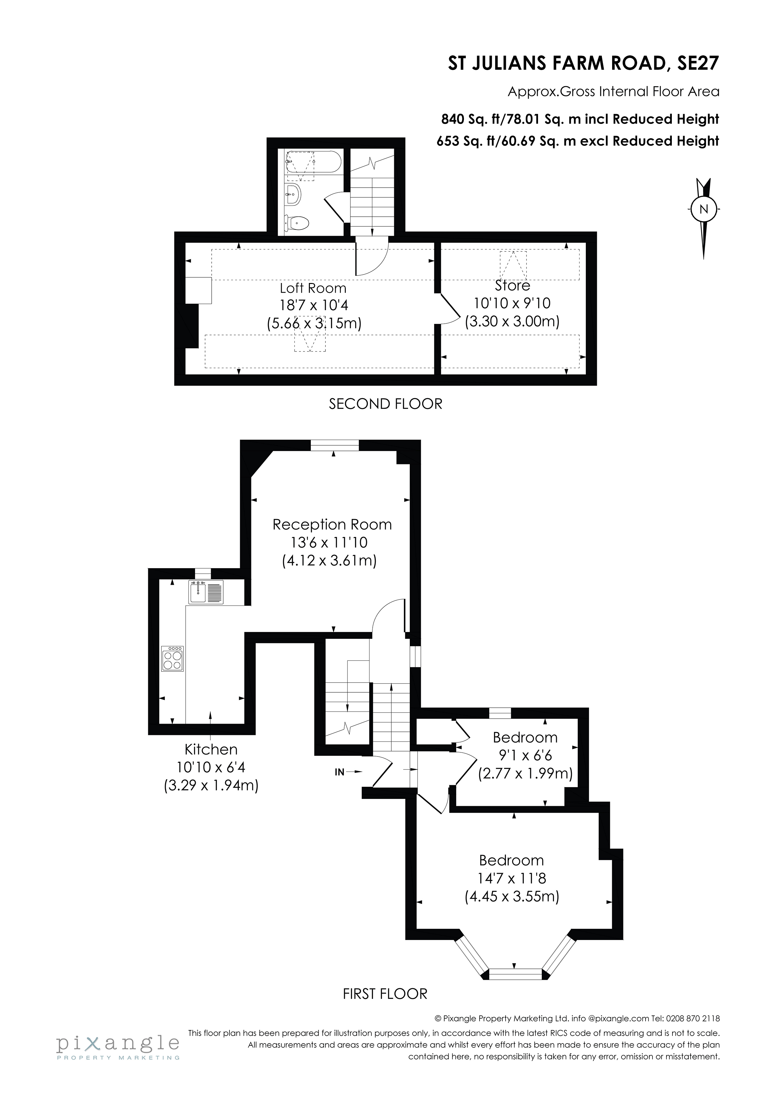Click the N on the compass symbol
pyautogui.click(x=703, y=209)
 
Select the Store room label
pyautogui.click(x=512, y=286)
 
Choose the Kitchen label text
pyautogui.click(x=211, y=749)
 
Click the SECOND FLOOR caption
pyautogui.click(x=385, y=404)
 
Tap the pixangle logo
pyautogui.click(x=118, y=1045)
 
